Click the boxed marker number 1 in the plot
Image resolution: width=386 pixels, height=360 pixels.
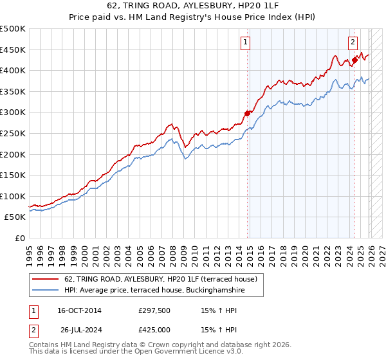246,43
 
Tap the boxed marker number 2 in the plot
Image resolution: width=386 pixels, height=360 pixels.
353,43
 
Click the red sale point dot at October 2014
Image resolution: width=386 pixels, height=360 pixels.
247,113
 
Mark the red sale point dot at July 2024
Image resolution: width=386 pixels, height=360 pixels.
354,60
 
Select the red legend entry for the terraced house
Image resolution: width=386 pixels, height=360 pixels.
161,279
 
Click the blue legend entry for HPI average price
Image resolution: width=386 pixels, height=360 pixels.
154,291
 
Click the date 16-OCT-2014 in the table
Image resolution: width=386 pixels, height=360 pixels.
79,310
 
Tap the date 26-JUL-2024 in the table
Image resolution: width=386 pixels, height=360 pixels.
79,330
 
